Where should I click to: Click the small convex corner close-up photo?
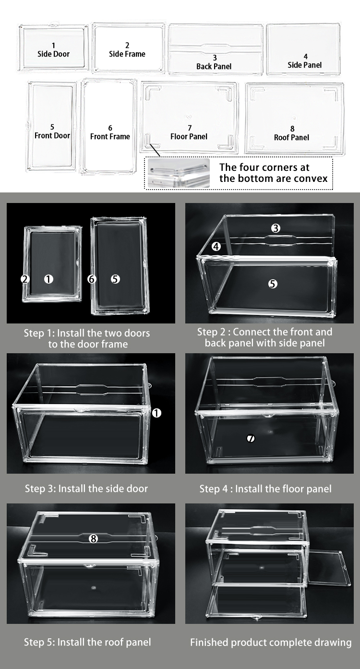[x=179, y=173]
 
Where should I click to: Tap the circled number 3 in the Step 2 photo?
[x=276, y=228]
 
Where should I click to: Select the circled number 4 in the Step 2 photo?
[x=216, y=246]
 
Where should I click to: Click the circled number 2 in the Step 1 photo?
[x=25, y=279]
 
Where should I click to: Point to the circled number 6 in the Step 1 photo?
[x=92, y=279]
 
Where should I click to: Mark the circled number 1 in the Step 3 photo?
[x=156, y=413]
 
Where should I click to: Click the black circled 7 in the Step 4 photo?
[x=251, y=439]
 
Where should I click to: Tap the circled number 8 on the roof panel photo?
[x=94, y=538]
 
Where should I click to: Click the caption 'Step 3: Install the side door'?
[x=86, y=489]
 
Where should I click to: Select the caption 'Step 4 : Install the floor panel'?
[x=265, y=489]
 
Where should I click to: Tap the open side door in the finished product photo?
[x=329, y=567]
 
